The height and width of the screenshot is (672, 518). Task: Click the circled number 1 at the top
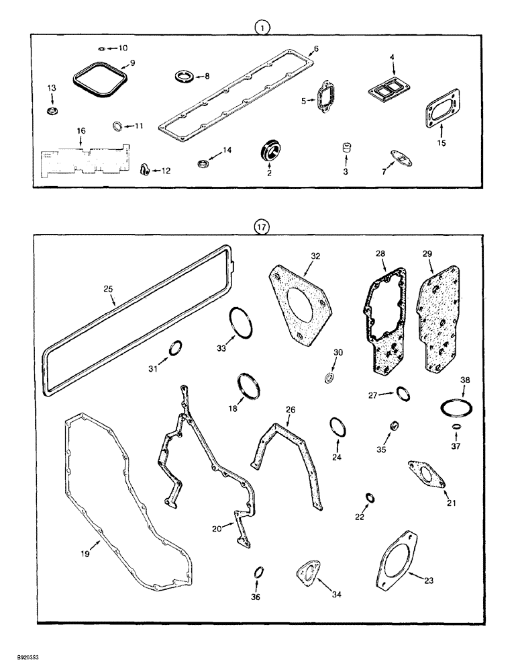(262, 28)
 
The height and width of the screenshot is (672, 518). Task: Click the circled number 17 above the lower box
(262, 228)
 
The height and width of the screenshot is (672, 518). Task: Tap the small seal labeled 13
(52, 110)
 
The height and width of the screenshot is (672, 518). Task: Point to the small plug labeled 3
(348, 147)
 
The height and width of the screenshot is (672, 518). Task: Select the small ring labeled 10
(100, 48)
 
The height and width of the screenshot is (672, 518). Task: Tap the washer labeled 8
(183, 77)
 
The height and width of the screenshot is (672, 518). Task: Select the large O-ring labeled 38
(458, 407)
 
